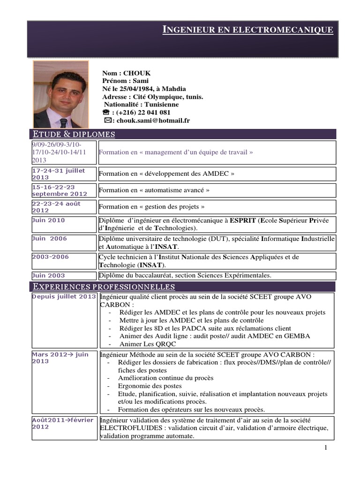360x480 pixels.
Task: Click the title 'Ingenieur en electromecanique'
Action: click(248, 30)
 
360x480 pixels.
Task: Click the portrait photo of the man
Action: click(60, 94)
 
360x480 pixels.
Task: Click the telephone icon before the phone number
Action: click(105, 112)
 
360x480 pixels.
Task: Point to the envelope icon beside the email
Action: click(106, 120)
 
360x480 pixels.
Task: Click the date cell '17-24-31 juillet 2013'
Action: click(59, 174)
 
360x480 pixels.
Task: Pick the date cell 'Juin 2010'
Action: click(48, 220)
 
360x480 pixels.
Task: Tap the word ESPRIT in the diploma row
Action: click(242, 220)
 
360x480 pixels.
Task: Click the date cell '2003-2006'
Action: click(50, 257)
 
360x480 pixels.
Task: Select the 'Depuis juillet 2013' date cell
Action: click(64, 297)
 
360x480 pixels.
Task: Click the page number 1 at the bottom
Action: click(325, 449)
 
